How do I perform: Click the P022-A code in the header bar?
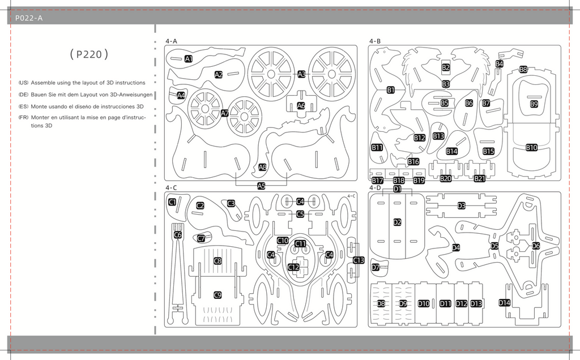(29, 18)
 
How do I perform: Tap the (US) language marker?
(23, 83)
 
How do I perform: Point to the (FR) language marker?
(23, 118)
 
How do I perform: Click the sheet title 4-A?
(171, 41)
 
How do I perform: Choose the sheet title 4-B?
(375, 41)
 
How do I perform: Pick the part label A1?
(189, 59)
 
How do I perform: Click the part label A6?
(301, 106)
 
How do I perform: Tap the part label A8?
(263, 167)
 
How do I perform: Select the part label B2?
(446, 67)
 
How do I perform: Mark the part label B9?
(534, 104)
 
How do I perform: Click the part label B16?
(413, 161)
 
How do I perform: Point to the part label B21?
(479, 178)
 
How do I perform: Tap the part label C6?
(178, 235)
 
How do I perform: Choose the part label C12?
(294, 267)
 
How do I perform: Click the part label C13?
(359, 260)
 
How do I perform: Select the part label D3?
(461, 206)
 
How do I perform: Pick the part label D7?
(376, 267)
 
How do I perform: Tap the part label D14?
(504, 303)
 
